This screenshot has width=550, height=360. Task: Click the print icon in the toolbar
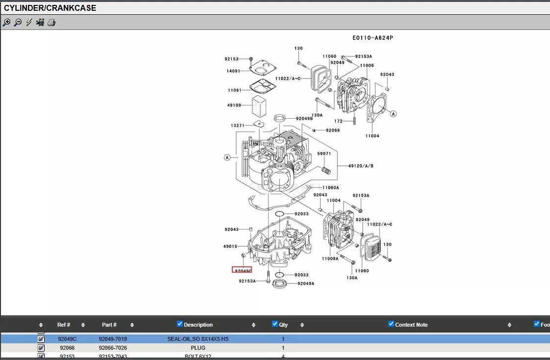click(x=51, y=23)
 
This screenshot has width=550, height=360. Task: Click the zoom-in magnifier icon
click(x=6, y=23)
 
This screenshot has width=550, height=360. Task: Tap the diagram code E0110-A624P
click(x=373, y=38)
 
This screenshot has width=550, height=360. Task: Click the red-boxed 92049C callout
click(x=242, y=270)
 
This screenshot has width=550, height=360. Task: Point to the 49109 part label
click(x=234, y=105)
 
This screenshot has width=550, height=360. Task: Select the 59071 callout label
click(x=324, y=154)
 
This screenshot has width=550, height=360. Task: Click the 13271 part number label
click(x=238, y=126)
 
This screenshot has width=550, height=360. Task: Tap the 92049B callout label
click(x=304, y=118)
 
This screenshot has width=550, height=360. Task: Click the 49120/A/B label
click(x=361, y=166)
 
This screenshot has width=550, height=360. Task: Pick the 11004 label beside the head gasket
click(x=372, y=136)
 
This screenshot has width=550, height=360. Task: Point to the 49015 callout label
click(x=230, y=247)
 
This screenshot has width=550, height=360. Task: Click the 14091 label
click(x=233, y=71)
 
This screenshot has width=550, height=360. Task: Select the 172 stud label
click(x=338, y=121)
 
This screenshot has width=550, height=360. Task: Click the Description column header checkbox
click(x=180, y=324)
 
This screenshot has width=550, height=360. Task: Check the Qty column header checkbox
click(x=275, y=324)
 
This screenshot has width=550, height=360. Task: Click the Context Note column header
click(x=411, y=325)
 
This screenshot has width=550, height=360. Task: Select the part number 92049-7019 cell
click(x=113, y=339)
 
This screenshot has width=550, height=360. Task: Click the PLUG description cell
click(x=198, y=348)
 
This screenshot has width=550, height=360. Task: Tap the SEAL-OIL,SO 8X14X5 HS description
click(x=198, y=339)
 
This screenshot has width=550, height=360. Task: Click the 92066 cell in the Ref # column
click(x=67, y=348)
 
